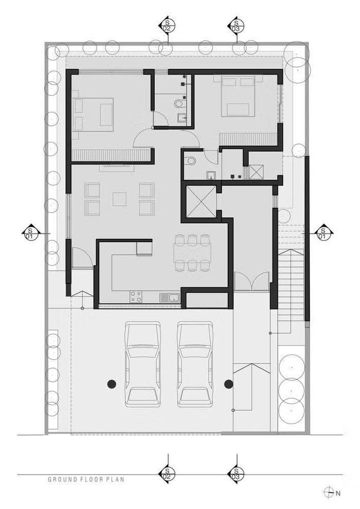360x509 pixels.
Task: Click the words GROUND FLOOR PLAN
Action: [x=86, y=479]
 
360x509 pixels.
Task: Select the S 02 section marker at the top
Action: [x=167, y=25]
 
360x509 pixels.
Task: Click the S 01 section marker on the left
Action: [x=31, y=233]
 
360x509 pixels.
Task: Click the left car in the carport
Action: [x=143, y=364]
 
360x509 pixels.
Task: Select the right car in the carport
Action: [x=195, y=364]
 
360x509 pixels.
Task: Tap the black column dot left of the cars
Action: [x=112, y=384]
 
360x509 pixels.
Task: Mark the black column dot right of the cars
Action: [x=228, y=384]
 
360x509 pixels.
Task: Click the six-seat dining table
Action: [x=192, y=252]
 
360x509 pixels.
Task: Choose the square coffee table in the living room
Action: [x=119, y=199]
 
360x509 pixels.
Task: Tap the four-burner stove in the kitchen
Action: [x=136, y=296]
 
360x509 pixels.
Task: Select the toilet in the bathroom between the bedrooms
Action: [x=179, y=104]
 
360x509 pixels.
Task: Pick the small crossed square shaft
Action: [x=257, y=172]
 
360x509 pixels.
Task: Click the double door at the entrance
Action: [x=252, y=281]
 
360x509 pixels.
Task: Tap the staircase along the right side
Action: [x=291, y=285]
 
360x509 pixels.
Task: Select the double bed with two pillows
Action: [x=238, y=96]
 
